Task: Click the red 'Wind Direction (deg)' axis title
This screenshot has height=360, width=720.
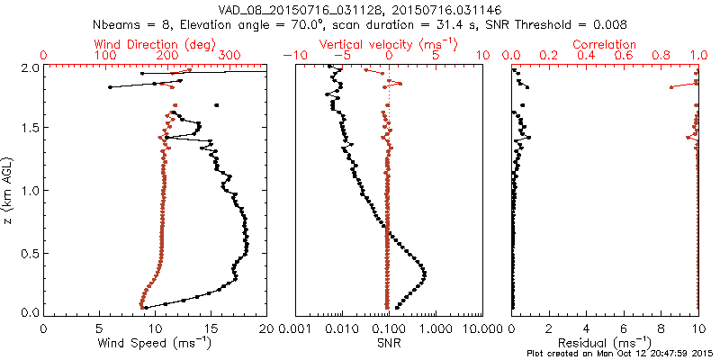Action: tap(156, 44)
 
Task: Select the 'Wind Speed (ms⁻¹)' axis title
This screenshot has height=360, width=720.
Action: tap(156, 343)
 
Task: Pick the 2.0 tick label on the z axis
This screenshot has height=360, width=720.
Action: tap(29, 67)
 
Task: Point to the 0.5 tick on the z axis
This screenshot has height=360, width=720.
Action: tap(29, 252)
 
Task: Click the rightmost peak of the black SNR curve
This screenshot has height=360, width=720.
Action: tap(425, 274)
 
